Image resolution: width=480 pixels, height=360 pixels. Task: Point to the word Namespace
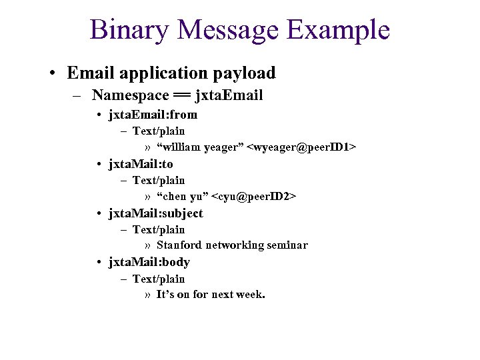[x=129, y=95]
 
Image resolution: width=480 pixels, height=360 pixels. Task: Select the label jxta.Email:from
[x=153, y=115]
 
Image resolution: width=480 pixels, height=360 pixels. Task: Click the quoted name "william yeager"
[x=199, y=147]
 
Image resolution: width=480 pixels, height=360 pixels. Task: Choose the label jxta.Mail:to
[x=141, y=164]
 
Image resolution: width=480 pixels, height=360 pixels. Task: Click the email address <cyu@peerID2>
[x=254, y=196]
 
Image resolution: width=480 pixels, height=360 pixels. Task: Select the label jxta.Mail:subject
[x=156, y=213]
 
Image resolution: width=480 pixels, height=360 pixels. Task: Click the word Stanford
[x=179, y=245]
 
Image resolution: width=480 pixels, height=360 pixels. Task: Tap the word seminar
[x=287, y=245]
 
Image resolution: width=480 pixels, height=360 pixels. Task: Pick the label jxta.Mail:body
[x=149, y=263]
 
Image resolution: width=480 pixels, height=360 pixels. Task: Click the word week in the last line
[x=251, y=295]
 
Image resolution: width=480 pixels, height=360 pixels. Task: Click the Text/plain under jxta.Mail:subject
[x=159, y=230]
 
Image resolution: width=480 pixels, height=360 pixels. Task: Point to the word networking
[x=234, y=245]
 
